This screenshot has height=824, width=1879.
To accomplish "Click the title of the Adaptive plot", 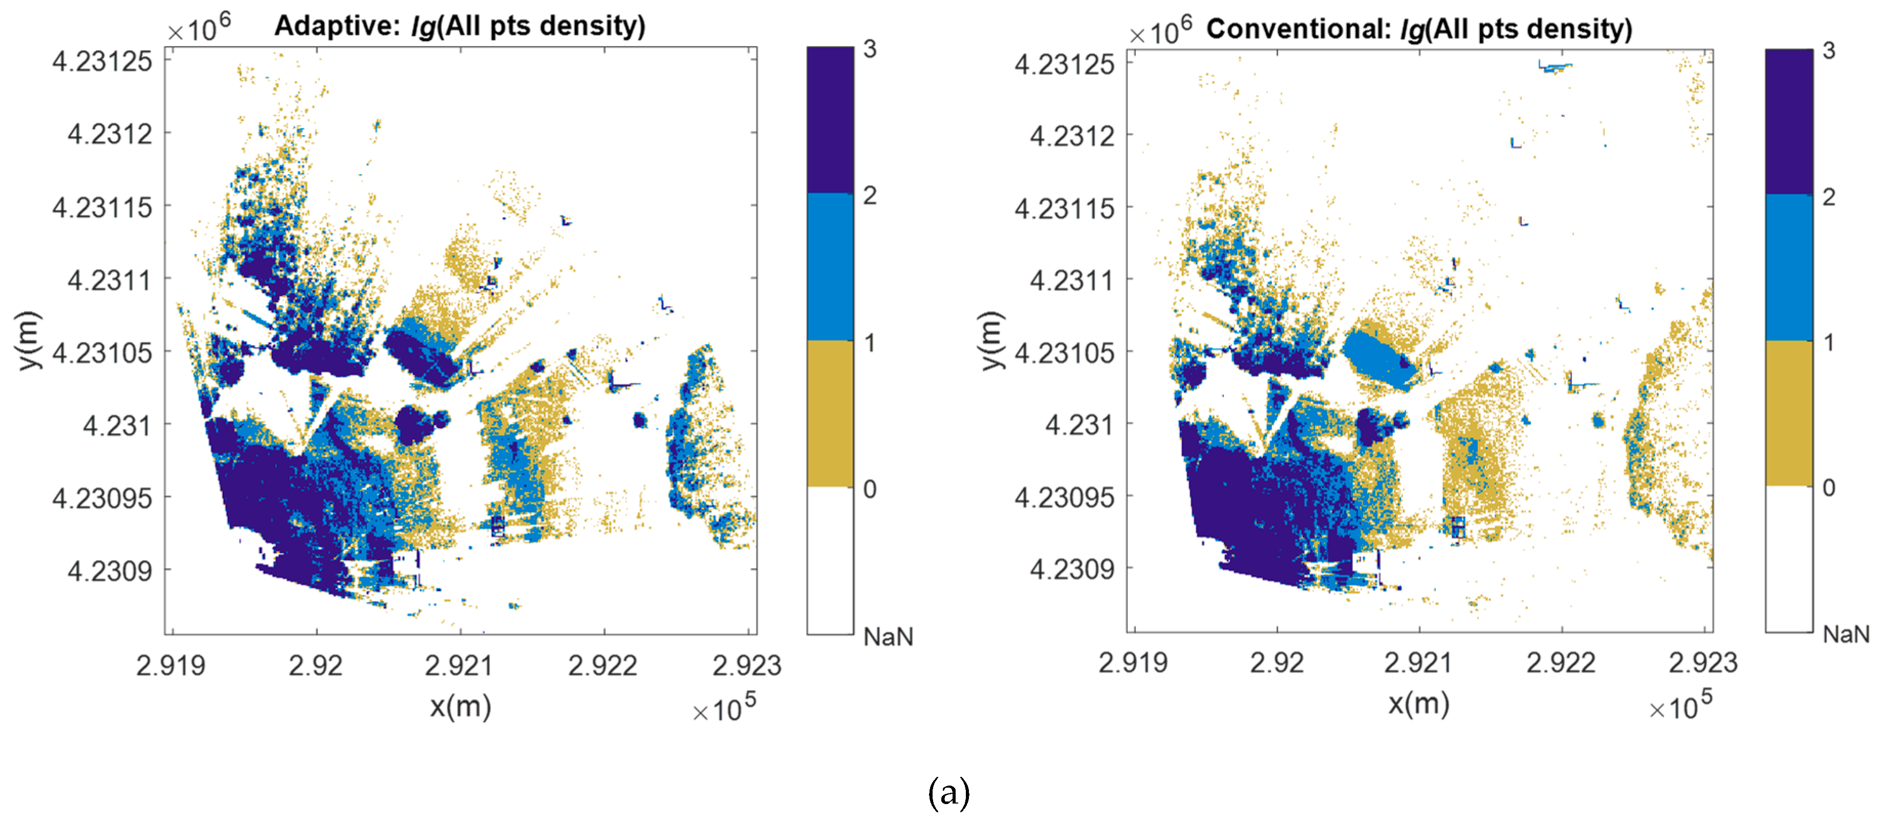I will point(460,26).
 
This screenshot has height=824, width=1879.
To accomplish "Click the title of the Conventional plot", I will point(1419,29).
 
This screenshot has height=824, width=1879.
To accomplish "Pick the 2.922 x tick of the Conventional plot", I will point(1561,662).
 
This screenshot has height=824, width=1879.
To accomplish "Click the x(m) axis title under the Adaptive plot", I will point(460,706).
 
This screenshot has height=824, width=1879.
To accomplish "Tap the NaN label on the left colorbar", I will point(888,637).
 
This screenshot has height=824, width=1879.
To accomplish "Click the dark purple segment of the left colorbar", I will point(830,120).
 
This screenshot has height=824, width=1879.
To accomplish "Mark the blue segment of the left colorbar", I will point(830,267).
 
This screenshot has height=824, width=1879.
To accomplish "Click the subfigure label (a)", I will point(948,793).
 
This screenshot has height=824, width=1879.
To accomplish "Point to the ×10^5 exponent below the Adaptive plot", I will point(724,707).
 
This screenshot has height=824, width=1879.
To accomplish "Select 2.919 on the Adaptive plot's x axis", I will point(170,665).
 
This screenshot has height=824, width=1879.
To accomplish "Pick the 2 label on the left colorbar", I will point(870,196).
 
